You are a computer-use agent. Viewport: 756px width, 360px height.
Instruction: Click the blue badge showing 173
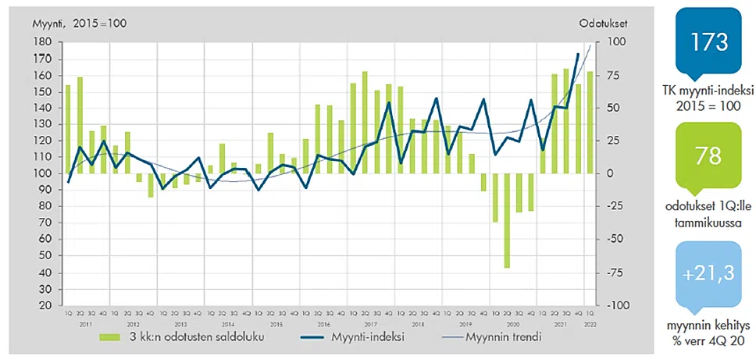pyautogui.click(x=710, y=43)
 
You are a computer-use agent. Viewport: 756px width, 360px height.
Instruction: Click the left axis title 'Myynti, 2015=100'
pyautogui.click(x=79, y=23)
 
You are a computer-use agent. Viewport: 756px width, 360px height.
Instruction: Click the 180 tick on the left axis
pyautogui.click(x=43, y=42)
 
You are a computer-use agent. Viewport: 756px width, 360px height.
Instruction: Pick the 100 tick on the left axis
pyautogui.click(x=43, y=173)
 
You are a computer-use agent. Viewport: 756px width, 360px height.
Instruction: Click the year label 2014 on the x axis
pyautogui.click(x=228, y=323)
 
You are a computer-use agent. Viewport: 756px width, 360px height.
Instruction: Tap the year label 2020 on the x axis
pyautogui.click(x=514, y=323)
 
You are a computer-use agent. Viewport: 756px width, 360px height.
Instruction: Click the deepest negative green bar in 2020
pyautogui.click(x=508, y=220)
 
